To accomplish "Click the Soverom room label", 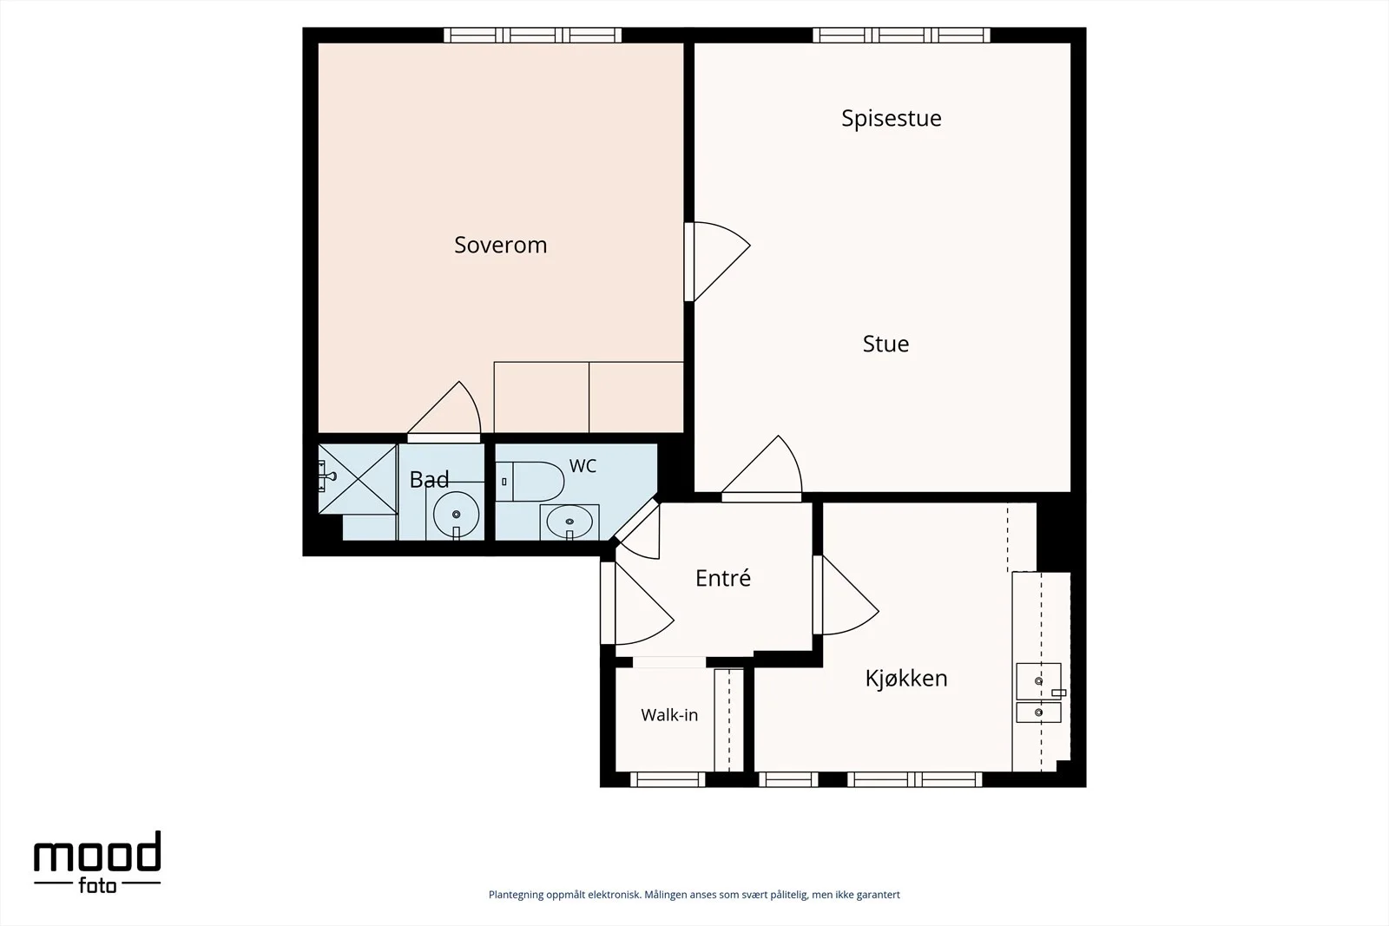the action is [500, 245].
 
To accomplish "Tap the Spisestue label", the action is [891, 118].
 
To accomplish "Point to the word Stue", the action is [885, 344].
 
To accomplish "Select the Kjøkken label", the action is [906, 679].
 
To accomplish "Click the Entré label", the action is [723, 578].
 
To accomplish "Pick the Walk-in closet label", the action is [669, 715].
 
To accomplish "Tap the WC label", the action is [583, 466].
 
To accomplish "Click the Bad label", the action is [429, 480].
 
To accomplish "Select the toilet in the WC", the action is [530, 482].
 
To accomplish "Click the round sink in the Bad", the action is [456, 515].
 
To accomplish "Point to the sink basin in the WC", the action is [569, 522].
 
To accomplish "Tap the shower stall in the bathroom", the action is [358, 479].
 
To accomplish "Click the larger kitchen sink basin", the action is [1038, 681].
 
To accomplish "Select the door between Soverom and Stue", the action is [717, 261].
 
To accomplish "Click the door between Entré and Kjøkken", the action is [846, 595].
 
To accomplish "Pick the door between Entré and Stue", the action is [761, 469].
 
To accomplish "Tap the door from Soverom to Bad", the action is [444, 411].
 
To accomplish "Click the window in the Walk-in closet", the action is [668, 779].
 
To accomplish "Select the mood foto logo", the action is [97, 862].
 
